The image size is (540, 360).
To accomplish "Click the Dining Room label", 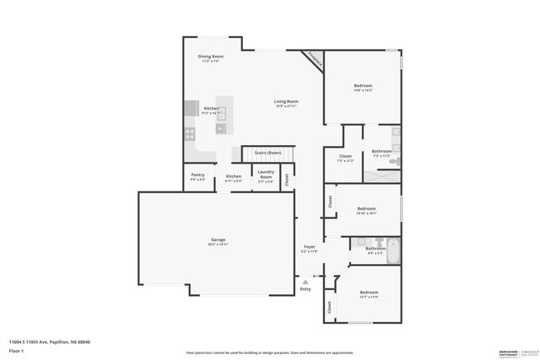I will tap(210, 59).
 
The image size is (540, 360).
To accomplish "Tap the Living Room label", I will tap(286, 103).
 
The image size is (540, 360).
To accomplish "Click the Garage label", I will tap(218, 242).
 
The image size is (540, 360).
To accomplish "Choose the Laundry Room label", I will tap(265, 178).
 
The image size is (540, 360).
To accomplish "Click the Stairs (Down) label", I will tap(268, 153).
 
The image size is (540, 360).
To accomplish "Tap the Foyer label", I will tap(309, 249).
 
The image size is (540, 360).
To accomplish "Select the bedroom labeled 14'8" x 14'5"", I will tap(363, 88).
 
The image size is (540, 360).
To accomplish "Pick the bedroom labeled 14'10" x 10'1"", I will tap(366, 211).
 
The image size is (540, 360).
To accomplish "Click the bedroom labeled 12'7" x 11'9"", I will tap(369, 294).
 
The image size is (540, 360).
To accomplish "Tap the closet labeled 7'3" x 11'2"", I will tap(345, 158).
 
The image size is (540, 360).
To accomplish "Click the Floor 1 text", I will tap(16, 350).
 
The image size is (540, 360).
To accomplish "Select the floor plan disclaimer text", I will tap(267, 352).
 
